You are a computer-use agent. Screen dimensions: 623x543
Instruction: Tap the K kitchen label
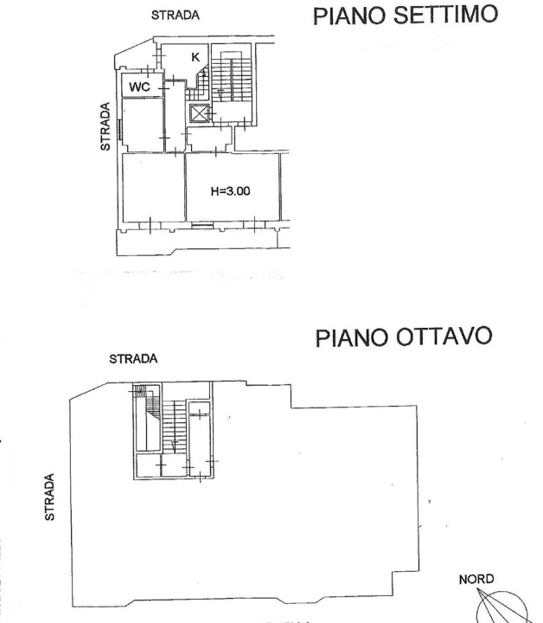point(195,57)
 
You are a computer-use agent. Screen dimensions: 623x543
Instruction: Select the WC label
point(140,87)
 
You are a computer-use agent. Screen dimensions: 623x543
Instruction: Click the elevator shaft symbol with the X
point(200,114)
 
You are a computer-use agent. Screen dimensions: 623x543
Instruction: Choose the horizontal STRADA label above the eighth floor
point(134,360)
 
